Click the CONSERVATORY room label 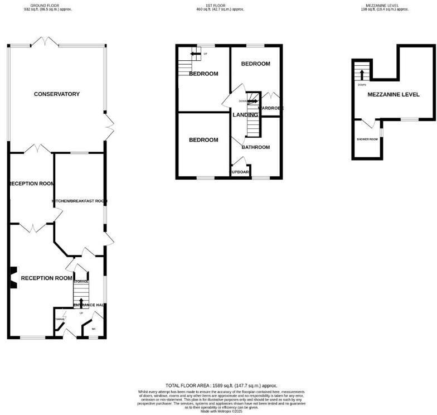pos(56,94)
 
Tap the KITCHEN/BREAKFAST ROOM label pos(79,201)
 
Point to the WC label pos(94,329)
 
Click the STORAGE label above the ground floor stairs pos(81,282)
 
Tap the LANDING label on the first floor pos(245,114)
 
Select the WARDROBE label pos(271,108)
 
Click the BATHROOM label pos(255,147)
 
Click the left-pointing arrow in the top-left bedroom pos(195,54)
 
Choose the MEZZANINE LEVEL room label pos(394,95)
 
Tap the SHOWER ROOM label pos(367,139)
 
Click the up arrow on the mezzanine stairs pos(362,74)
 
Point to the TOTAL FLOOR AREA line pos(221,385)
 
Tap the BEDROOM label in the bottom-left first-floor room pos(203,140)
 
